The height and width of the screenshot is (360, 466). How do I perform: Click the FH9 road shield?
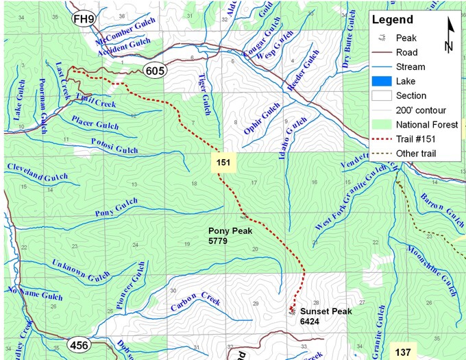point(83,19)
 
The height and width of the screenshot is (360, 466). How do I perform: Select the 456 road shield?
point(79,345)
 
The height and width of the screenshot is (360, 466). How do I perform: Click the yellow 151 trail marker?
point(222,163)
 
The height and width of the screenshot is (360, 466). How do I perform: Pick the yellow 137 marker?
point(404,352)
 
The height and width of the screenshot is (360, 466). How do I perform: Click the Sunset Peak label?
point(326,316)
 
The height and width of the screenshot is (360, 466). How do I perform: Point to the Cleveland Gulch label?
point(38,172)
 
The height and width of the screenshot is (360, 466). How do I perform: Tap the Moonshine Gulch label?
point(431,267)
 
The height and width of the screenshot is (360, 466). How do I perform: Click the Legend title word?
point(393,20)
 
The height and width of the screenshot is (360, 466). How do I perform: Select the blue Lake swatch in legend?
point(379,82)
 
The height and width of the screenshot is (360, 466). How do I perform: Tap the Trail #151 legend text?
point(419,139)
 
